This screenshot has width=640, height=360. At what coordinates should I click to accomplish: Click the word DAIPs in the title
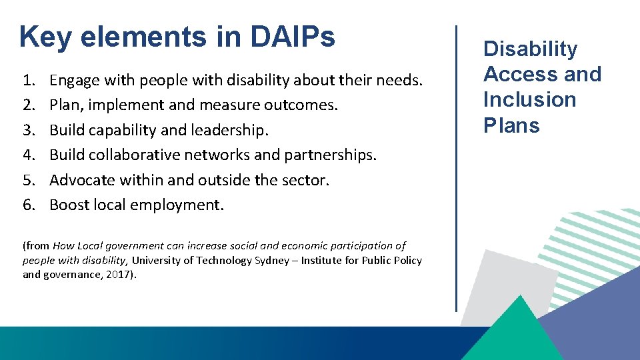coord(293,37)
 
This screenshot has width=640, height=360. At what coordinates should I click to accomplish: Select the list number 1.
coord(29,81)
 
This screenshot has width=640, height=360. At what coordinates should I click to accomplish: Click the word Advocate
coord(82,180)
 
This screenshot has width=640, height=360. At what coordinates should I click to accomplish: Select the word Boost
coord(69,205)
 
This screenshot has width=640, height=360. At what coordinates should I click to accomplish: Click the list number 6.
coord(29,205)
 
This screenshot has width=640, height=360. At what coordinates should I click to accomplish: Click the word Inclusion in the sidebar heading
coord(529,99)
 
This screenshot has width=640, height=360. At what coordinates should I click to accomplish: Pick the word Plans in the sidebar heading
coord(511,125)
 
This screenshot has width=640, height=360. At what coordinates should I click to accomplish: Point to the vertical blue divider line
coord(456,167)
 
